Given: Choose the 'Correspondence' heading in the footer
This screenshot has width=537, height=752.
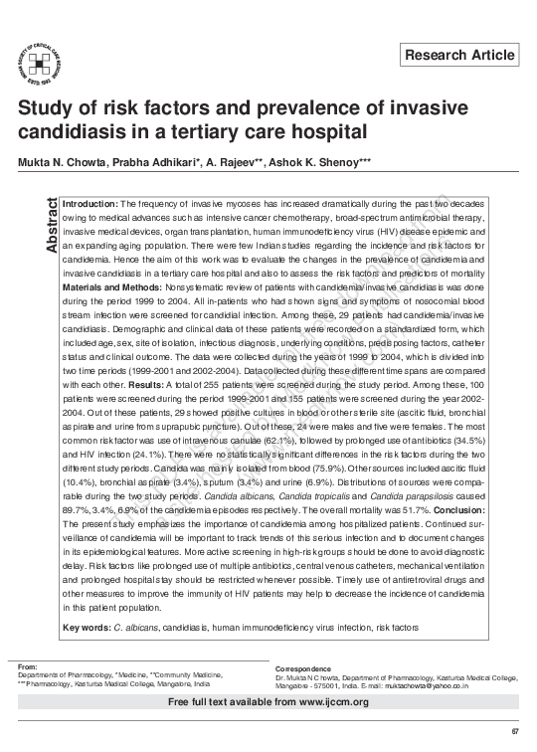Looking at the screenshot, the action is (x=303, y=668).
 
